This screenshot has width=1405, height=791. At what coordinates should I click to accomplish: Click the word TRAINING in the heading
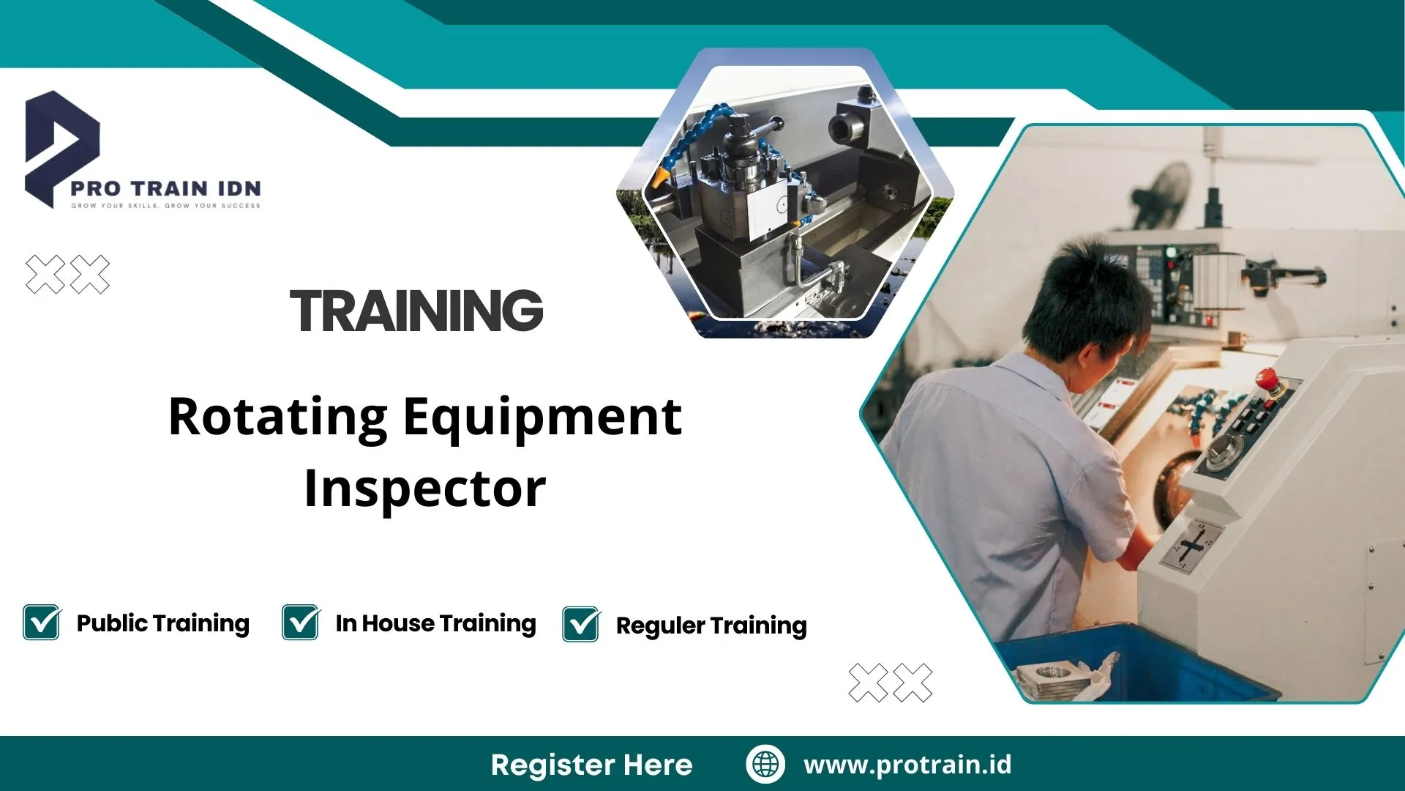pos(416,311)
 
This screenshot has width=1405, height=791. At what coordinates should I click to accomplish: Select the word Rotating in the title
pos(277,417)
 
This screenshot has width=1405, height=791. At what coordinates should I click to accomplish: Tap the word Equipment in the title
pos(542,417)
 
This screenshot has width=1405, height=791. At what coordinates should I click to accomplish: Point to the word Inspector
pos(424,489)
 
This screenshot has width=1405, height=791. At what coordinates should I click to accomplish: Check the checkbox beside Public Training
pos(42,623)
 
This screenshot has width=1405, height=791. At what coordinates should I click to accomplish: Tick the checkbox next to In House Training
pos(300,623)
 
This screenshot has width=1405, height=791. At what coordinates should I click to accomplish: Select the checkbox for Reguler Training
pos(581,625)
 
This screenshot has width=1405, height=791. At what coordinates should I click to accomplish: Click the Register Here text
pos(591,765)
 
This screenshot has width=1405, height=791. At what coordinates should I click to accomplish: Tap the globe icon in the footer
pos(765,764)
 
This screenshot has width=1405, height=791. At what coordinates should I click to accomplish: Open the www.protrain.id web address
pos(907,765)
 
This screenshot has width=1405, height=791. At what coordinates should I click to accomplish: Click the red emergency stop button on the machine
pos(1267,379)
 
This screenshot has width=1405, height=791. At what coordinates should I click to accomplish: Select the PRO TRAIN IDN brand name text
pos(165,188)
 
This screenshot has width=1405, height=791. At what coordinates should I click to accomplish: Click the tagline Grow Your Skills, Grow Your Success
pos(165,206)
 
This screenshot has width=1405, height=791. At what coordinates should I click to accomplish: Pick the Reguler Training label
pos(711,625)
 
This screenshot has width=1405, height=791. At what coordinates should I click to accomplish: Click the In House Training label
pos(435,623)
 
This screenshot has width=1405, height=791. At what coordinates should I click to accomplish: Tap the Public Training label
pos(162,623)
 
